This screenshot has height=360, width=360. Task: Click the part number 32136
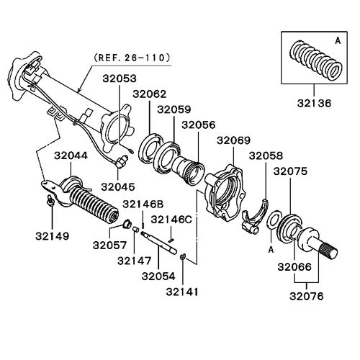click(314, 104)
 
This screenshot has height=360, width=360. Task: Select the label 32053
click(120, 78)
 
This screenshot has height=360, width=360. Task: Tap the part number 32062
click(150, 94)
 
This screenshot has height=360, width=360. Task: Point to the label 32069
click(233, 140)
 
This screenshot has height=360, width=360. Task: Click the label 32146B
click(143, 204)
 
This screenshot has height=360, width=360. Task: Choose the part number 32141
click(183, 292)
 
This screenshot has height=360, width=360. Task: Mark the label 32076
click(307, 296)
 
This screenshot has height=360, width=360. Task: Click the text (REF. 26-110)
click(132, 58)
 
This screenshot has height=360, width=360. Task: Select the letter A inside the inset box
click(338, 41)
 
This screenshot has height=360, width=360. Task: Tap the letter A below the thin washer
click(271, 250)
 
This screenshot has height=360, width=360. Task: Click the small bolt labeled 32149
click(50, 201)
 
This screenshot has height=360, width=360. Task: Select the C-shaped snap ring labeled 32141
click(182, 256)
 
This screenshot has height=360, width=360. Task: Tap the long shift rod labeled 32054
click(159, 242)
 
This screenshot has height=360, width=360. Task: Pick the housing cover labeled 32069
click(223, 191)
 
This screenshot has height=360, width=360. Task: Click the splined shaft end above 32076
click(329, 251)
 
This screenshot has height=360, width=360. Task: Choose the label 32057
click(109, 246)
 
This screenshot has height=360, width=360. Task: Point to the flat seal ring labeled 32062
click(151, 149)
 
